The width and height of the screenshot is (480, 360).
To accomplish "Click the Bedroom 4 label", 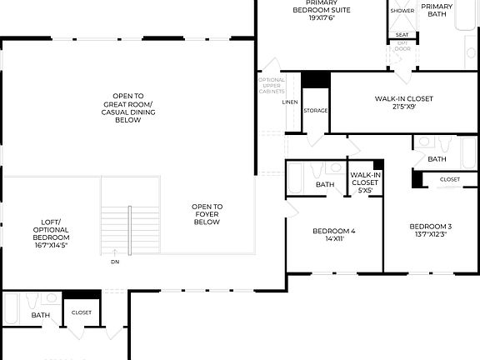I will point(333,235).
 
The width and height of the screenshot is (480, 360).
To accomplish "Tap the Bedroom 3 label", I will point(430,230).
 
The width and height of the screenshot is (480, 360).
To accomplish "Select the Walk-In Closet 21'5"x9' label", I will point(403,102).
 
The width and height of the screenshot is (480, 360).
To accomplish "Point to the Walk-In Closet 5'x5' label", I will point(365,182).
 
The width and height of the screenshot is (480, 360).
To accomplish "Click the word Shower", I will point(402,11).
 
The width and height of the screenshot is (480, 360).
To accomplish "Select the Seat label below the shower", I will point(402,34).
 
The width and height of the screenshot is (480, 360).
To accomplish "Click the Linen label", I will point(290,102).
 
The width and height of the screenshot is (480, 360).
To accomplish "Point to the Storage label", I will point(315,110).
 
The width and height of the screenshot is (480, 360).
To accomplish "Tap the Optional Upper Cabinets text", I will point(272,87).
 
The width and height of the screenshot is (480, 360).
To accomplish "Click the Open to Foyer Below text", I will point(207,214).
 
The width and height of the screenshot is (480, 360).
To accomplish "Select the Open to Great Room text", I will point(127,107).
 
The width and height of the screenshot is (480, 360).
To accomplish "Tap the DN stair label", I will point(115,261).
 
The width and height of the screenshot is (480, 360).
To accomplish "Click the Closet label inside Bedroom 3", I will point(449,179).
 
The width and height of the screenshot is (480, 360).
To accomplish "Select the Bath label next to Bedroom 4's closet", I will point(324,185).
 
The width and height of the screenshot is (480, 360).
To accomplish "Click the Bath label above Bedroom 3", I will point(437,158).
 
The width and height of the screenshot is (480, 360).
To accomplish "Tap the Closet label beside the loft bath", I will point(82,312).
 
